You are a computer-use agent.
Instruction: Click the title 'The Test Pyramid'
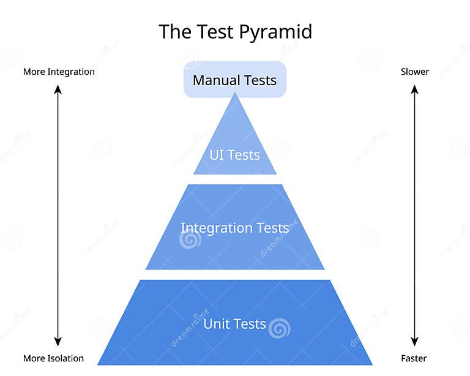click(x=235, y=31)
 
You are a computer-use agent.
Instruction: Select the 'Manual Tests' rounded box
click(x=235, y=80)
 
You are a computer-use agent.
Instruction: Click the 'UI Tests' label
click(x=235, y=155)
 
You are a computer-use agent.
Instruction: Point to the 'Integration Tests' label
click(x=234, y=228)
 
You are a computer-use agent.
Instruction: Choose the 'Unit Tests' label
click(x=234, y=323)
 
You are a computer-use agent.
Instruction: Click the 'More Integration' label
click(x=59, y=72)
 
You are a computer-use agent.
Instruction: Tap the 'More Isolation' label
click(x=54, y=358)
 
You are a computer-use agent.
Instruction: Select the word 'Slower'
click(x=415, y=72)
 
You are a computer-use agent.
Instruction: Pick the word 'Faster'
click(x=414, y=358)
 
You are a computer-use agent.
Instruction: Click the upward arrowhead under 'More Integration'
click(x=58, y=89)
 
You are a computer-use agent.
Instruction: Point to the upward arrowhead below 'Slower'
click(x=414, y=89)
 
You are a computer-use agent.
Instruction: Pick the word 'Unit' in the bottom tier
click(x=216, y=323)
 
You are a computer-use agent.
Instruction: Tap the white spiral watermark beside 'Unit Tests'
click(x=280, y=328)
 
